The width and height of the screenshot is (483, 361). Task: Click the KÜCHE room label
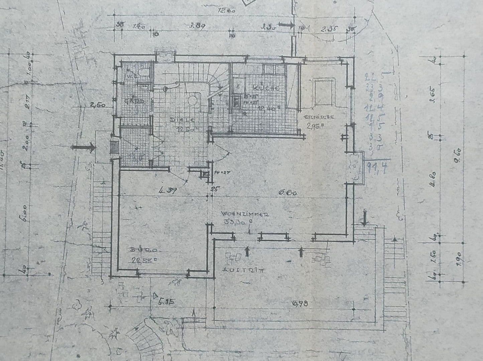pyautogui.click(x=266, y=88)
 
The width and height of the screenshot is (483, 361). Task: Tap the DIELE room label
pyautogui.click(x=177, y=120)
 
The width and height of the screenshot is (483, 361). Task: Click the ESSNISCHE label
pyautogui.click(x=319, y=117)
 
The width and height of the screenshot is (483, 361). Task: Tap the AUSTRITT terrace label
pyautogui.click(x=243, y=270)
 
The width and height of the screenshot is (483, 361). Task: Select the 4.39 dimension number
pyautogui.click(x=168, y=191)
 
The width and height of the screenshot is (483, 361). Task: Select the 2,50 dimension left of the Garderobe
pyautogui.click(x=98, y=105)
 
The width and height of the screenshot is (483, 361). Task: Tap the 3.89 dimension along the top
pyautogui.click(x=197, y=25)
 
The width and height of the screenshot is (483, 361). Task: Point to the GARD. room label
pyautogui.click(x=133, y=101)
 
